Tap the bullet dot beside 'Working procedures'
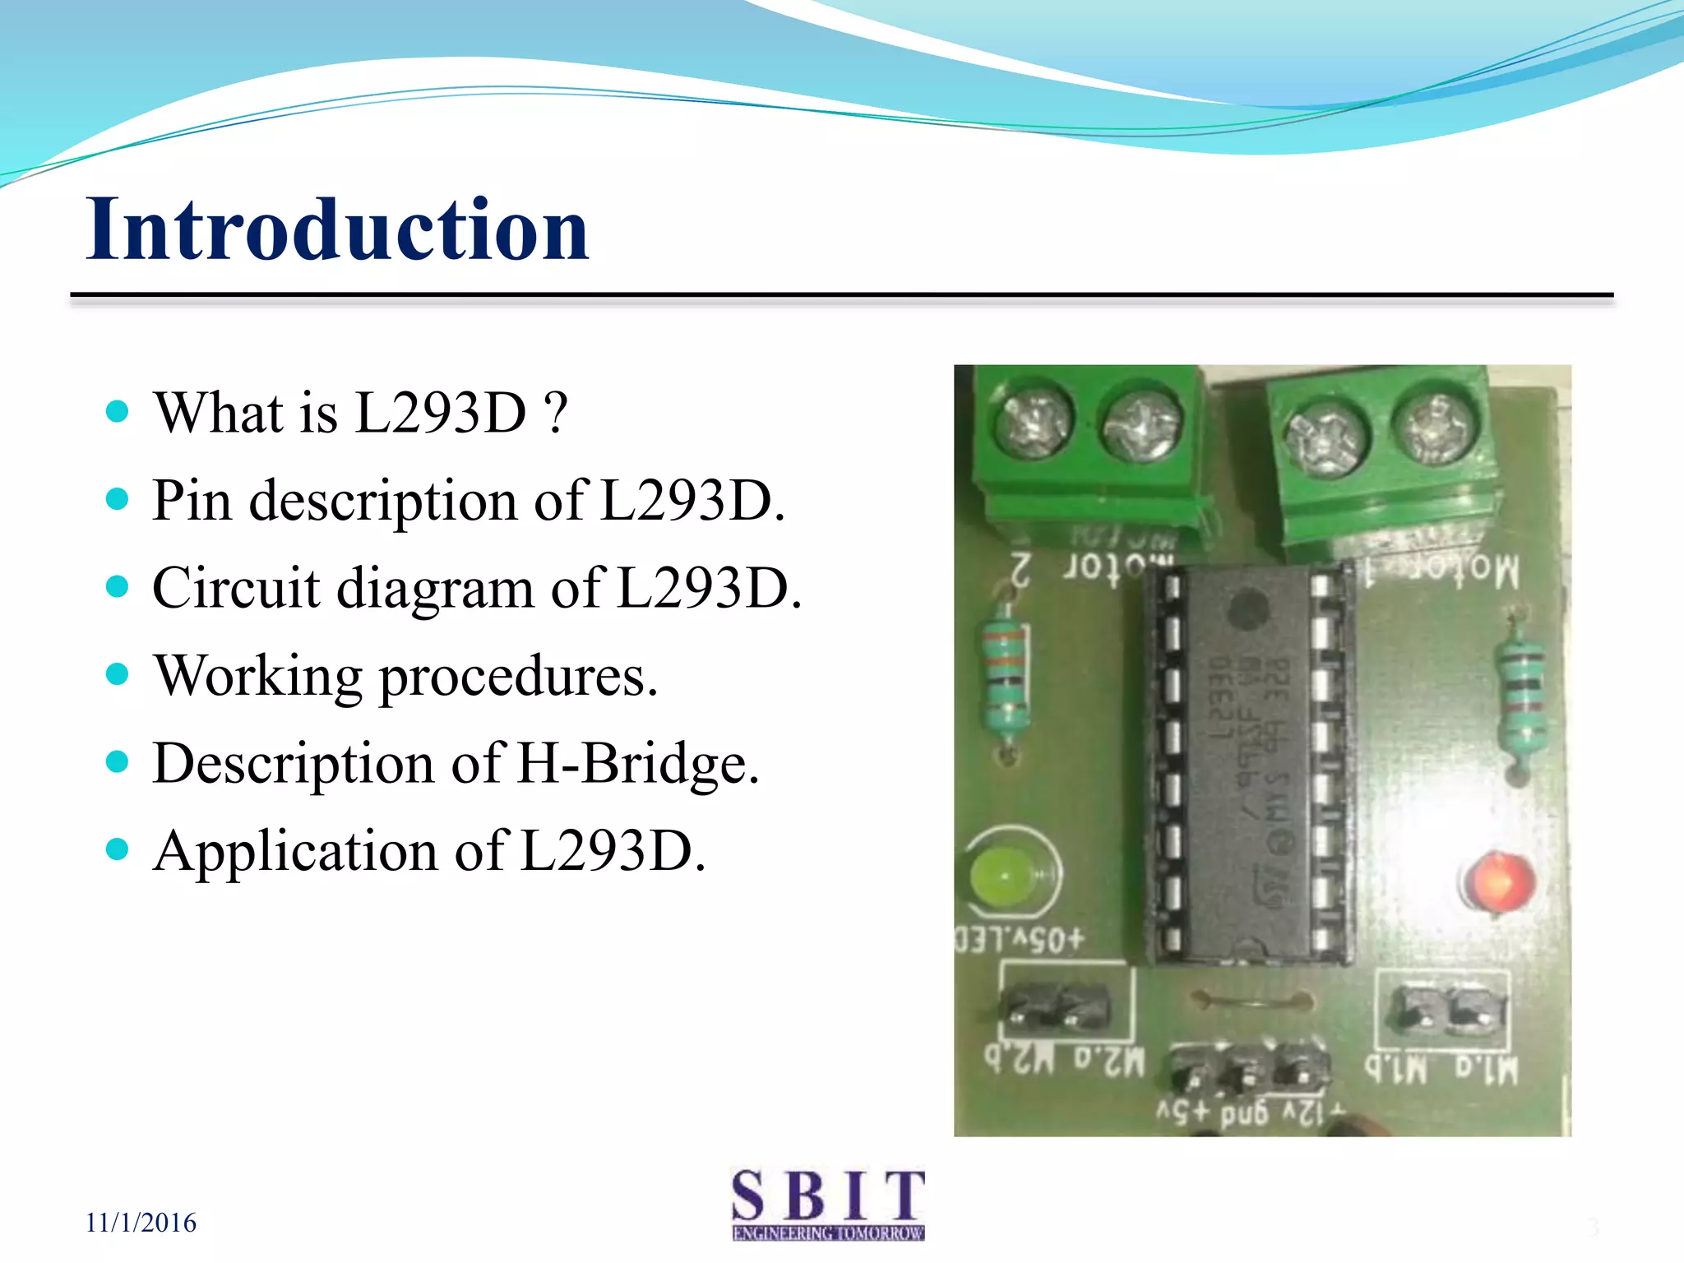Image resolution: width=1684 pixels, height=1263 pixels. pyautogui.click(x=118, y=674)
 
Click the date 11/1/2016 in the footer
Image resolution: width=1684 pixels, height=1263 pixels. pyautogui.click(x=141, y=1223)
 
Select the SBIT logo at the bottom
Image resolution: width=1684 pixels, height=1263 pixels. pyautogui.click(x=828, y=1204)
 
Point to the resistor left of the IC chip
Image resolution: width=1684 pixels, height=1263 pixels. pyautogui.click(x=1005, y=678)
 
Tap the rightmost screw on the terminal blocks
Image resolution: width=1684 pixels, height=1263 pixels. pyautogui.click(x=1434, y=427)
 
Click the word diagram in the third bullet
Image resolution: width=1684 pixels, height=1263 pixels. pyautogui.click(x=435, y=588)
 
